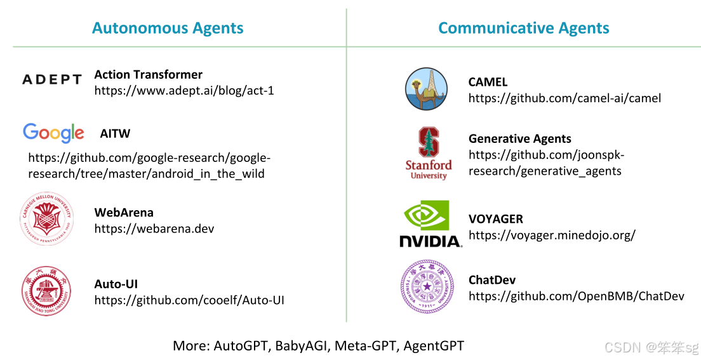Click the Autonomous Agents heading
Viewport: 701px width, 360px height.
[x=168, y=28]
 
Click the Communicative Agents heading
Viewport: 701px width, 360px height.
[x=523, y=28]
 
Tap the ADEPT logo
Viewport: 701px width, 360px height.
[x=52, y=79]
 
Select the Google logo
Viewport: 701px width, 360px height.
[x=53, y=133]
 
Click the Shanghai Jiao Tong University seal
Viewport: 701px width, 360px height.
[x=47, y=291]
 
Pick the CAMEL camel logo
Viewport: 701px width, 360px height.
[x=426, y=89]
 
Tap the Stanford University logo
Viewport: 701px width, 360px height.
[x=429, y=153]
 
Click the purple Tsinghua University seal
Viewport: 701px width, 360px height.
[x=427, y=286]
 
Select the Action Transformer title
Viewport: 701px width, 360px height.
[x=148, y=74]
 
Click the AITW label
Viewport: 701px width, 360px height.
[x=115, y=134]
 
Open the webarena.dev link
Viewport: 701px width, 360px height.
[x=154, y=229]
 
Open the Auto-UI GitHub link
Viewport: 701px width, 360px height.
[x=189, y=300]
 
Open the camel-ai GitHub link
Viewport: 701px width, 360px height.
[x=564, y=98]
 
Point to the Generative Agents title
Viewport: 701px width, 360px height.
[x=519, y=138]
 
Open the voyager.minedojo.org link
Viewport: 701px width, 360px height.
[x=552, y=235]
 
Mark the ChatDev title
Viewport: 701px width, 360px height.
[x=491, y=280]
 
